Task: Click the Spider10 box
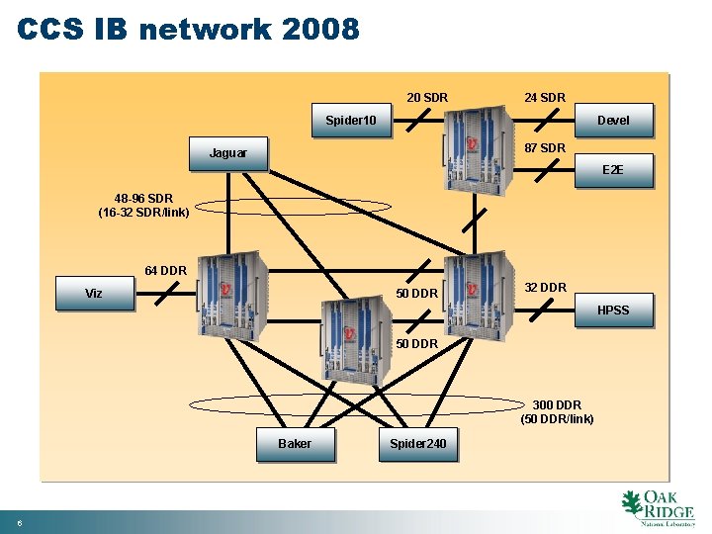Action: coord(351,121)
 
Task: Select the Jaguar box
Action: coord(228,153)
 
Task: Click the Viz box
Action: coord(94,294)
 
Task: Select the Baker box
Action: coord(295,444)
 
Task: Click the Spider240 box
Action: coord(417,444)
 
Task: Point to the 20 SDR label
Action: coord(427,98)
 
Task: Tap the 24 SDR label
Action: coord(545,98)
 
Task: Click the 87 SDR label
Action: coord(545,148)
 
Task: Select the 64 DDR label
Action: coord(165,271)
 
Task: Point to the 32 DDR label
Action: coord(545,288)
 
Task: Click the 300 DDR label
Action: coord(557,404)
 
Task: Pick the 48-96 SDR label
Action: coord(143,198)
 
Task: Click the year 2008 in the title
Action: coord(320,30)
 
